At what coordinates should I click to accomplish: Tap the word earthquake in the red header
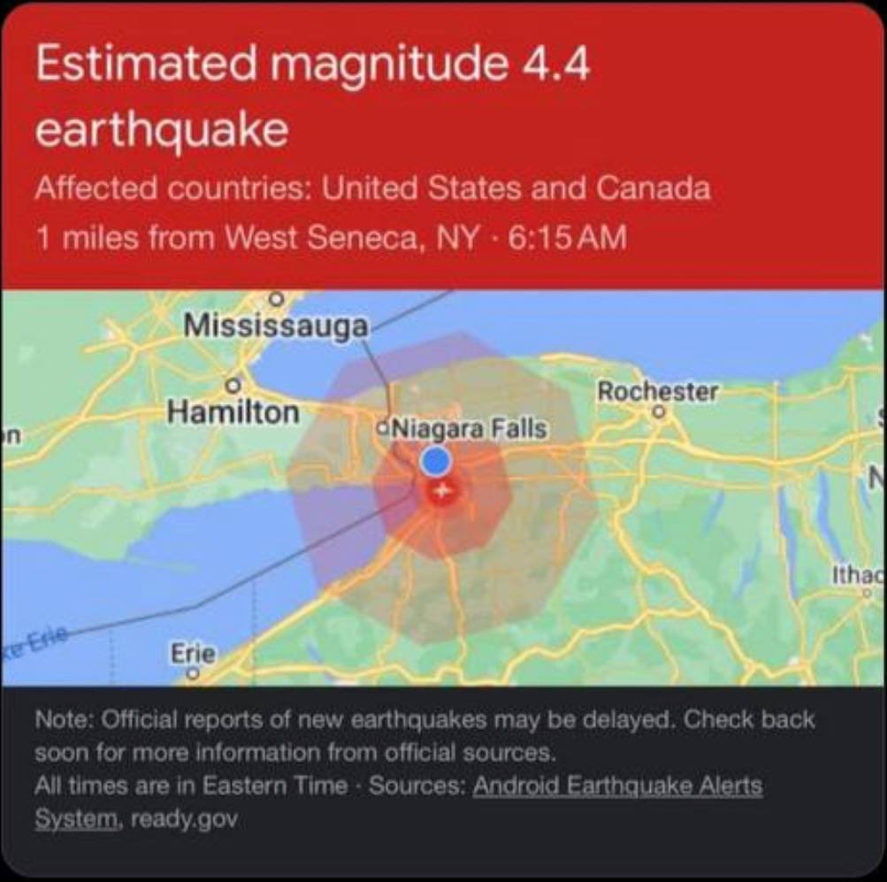click(x=162, y=130)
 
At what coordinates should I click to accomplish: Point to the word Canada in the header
click(x=654, y=188)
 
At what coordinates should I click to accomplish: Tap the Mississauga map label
click(x=274, y=325)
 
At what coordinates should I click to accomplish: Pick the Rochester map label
click(x=657, y=390)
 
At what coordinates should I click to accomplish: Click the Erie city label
click(x=192, y=654)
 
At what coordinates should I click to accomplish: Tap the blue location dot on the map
click(x=435, y=459)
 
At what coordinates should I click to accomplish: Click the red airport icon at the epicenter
click(x=441, y=490)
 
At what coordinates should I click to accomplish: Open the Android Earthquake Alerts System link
click(x=617, y=786)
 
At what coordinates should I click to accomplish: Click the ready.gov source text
click(x=184, y=819)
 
